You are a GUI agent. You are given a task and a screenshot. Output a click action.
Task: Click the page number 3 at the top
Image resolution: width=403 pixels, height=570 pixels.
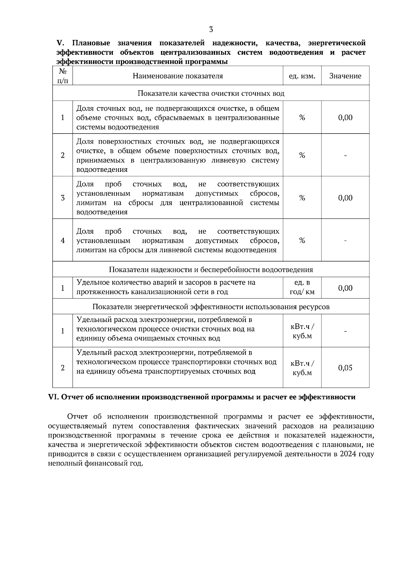[211, 30]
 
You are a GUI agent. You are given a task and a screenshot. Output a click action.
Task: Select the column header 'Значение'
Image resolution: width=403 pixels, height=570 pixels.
[345, 76]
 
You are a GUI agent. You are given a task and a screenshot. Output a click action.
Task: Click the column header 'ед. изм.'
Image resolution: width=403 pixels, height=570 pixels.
[302, 76]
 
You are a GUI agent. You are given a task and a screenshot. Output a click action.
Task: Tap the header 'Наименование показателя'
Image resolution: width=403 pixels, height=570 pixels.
[178, 76]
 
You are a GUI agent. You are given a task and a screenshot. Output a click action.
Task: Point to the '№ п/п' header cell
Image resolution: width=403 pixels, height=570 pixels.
[62, 76]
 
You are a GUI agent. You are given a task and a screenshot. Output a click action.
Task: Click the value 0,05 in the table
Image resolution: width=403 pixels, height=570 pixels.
[345, 368]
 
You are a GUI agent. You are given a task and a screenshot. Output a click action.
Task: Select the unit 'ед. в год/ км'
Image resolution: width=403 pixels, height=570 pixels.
[302, 287]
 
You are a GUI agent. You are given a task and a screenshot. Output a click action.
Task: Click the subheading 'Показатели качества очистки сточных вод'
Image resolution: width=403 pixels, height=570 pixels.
[211, 93]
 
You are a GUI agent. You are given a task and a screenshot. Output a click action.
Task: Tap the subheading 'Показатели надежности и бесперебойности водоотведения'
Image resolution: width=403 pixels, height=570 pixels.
[211, 270]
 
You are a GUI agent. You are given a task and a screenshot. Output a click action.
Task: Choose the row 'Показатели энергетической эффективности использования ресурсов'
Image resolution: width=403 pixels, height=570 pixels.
[211, 306]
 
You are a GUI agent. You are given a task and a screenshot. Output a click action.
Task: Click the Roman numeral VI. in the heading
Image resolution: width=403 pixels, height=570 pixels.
[54, 397]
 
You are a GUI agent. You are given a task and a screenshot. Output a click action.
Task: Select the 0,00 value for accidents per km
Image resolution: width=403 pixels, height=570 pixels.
[345, 288]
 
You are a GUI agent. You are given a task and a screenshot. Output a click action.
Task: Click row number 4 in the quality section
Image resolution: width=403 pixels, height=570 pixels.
[62, 240]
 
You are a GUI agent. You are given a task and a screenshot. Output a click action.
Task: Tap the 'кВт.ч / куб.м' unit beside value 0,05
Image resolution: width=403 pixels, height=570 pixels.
[302, 368]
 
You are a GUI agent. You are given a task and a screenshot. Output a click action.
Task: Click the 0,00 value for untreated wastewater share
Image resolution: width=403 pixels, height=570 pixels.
[345, 117]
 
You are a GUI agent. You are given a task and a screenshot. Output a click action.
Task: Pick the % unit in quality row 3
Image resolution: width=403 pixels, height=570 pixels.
[302, 198]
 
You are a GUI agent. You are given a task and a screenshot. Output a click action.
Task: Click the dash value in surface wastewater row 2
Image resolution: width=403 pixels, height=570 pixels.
[345, 155]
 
